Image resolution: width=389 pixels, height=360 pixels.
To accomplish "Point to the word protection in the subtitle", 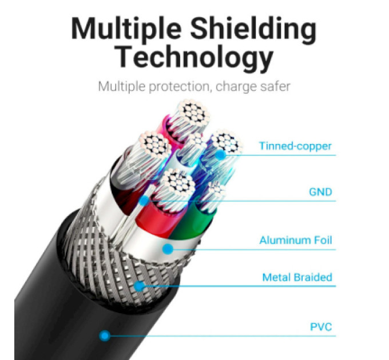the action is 178,87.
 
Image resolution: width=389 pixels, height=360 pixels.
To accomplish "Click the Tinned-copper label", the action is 295,146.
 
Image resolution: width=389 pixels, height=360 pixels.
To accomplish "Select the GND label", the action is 320,192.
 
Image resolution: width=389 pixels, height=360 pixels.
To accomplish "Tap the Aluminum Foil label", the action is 296,240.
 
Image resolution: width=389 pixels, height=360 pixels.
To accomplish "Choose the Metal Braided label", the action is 297,277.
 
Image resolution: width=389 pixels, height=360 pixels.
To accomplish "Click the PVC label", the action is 321,327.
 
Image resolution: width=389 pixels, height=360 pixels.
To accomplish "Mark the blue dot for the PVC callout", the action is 105,336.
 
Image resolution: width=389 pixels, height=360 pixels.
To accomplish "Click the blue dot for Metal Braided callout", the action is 140,286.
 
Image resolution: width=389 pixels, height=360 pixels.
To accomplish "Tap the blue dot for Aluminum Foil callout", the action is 168,249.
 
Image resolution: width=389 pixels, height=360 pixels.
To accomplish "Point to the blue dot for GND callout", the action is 144,201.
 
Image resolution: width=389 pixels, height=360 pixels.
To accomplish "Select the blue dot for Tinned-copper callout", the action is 220,155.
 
